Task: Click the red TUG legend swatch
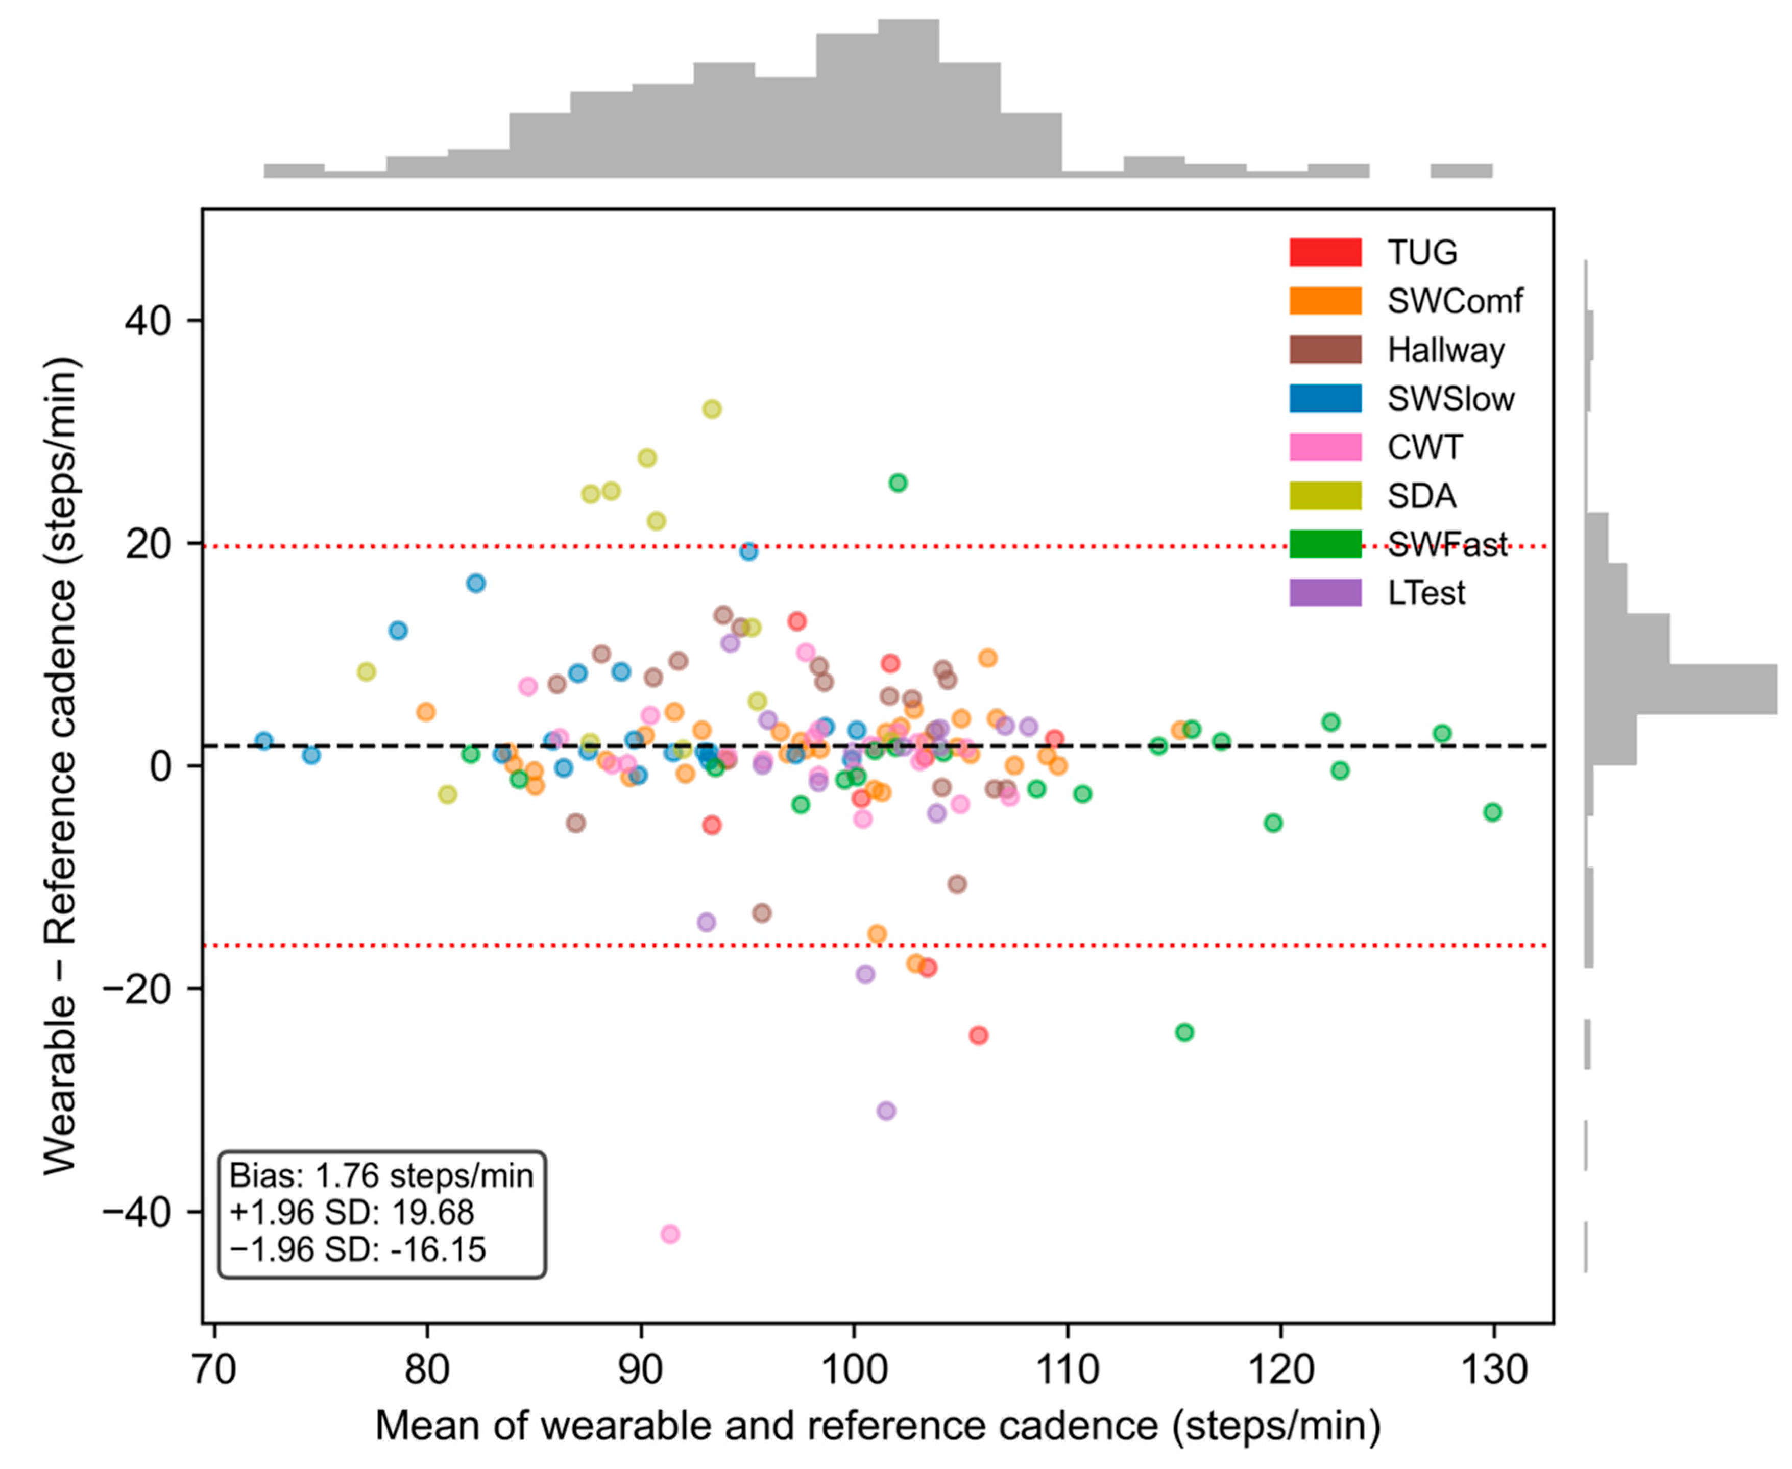[x=1325, y=252]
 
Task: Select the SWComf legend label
[x=1455, y=301]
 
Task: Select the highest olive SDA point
[x=712, y=408]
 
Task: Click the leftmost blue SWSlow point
[x=264, y=741]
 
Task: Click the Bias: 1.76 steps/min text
[x=381, y=1175]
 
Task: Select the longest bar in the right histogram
[x=1680, y=690]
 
